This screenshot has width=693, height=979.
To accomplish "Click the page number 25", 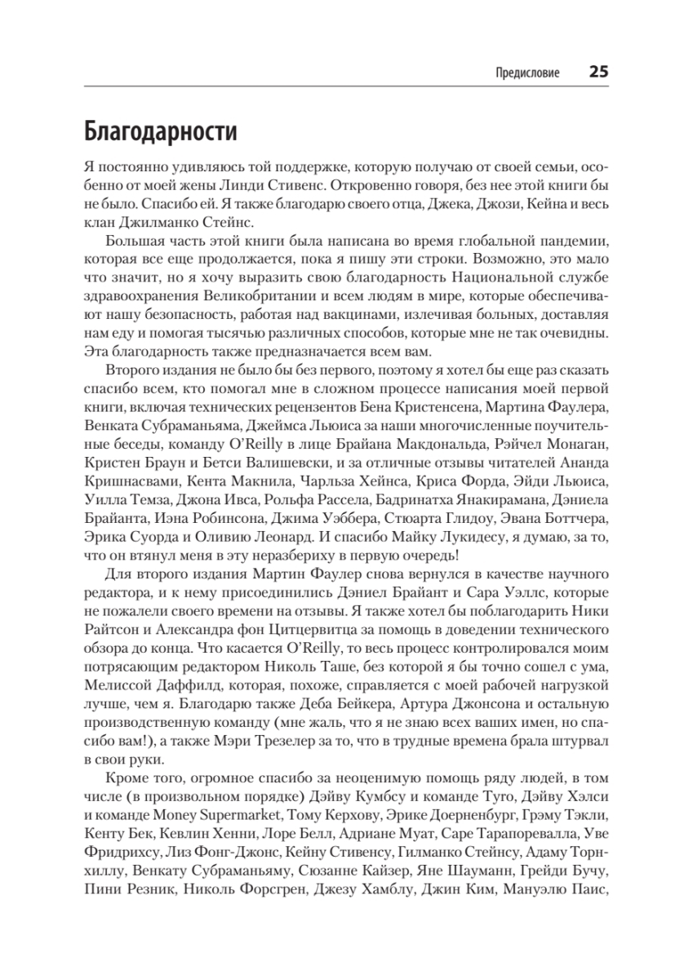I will click(x=597, y=72).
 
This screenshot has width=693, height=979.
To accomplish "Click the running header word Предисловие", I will click(x=527, y=73).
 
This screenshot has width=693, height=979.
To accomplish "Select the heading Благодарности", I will click(x=160, y=131).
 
